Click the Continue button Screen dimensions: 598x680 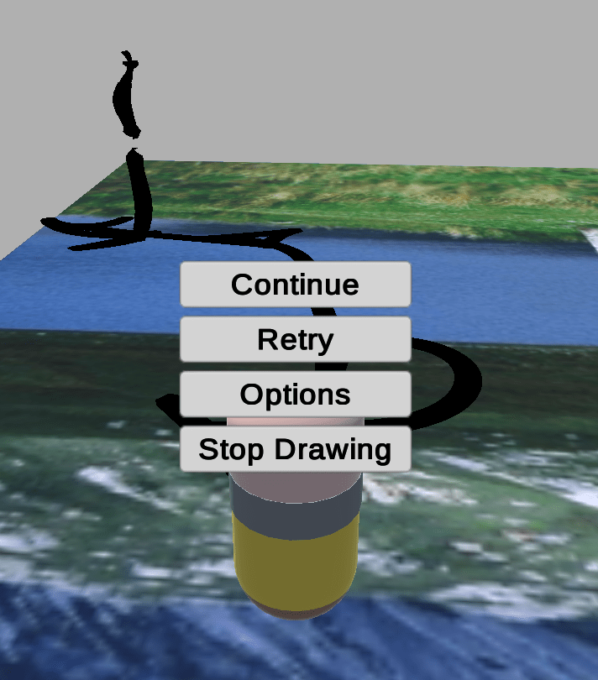click(295, 284)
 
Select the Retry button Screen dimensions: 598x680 click(295, 339)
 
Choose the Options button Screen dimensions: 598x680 click(295, 394)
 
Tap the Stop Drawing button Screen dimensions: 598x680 click(295, 449)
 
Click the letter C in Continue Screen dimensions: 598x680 click(241, 285)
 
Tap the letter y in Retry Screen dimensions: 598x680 click(325, 343)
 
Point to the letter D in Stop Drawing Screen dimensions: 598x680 click(285, 448)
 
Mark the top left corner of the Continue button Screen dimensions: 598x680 click(181, 262)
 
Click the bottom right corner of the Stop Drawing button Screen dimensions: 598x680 click(410, 472)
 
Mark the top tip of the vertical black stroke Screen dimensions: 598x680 click(134, 149)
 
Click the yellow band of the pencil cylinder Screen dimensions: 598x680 click(296, 564)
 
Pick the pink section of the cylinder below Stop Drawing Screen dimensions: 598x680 click(296, 487)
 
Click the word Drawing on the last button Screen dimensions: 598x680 click(333, 450)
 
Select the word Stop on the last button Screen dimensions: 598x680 click(231, 450)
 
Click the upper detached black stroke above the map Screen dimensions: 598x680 click(126, 95)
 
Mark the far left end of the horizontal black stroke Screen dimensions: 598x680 click(41, 222)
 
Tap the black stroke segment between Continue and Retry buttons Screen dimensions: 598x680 click(323, 311)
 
